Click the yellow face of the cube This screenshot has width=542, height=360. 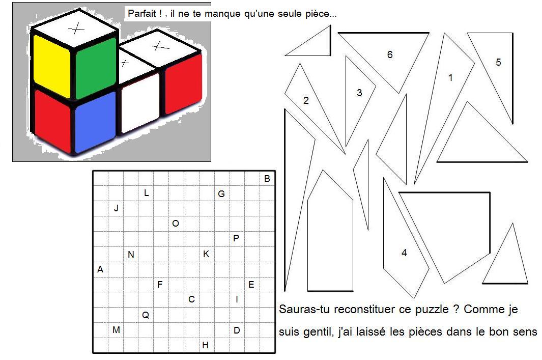[52, 66]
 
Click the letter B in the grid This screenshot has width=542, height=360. [267, 179]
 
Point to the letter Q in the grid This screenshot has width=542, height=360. [146, 315]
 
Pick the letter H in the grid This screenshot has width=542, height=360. [205, 345]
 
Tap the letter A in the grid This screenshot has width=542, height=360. [100, 269]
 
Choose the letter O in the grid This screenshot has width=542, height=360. [176, 224]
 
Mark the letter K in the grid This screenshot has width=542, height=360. [206, 254]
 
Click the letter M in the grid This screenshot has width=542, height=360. [116, 330]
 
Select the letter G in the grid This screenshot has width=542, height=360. [221, 193]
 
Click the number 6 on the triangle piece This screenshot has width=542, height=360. [390, 54]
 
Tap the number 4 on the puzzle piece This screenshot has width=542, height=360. [404, 253]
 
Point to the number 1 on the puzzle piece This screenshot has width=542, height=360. [450, 77]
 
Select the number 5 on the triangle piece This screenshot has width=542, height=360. [498, 62]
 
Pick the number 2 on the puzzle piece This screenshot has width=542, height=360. [306, 100]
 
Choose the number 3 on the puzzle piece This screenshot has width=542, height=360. [359, 93]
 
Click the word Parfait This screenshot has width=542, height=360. [141, 13]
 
